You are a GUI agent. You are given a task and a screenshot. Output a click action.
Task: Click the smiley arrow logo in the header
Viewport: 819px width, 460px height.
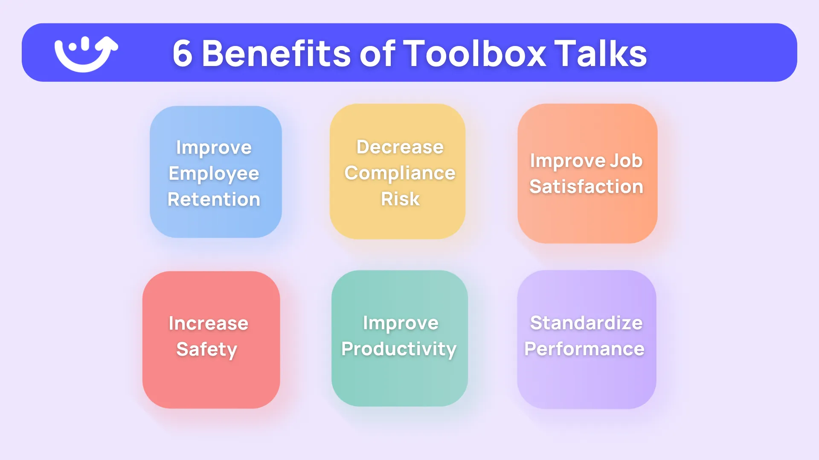pos(85,54)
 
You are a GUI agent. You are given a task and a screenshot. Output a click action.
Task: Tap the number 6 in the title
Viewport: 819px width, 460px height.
pos(182,54)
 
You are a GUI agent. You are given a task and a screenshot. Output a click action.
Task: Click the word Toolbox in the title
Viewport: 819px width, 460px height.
pos(474,54)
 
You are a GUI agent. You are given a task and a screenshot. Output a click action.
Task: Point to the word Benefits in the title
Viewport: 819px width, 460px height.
pos(276,54)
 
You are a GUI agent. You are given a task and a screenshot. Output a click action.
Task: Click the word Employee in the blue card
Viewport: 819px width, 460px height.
pos(214,174)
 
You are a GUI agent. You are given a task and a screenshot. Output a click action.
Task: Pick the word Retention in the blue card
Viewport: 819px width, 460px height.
pos(214,199)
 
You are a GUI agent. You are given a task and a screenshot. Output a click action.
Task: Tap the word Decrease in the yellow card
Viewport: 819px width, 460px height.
pos(400,147)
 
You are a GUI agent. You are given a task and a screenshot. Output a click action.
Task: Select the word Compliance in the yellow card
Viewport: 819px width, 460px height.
pos(400,173)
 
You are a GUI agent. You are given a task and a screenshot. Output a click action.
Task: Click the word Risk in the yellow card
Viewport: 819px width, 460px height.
pos(400,199)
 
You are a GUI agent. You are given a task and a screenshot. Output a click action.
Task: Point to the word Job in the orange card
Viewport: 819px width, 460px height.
pos(626,161)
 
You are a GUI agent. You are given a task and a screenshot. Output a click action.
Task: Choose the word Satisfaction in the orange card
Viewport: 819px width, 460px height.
pos(586,187)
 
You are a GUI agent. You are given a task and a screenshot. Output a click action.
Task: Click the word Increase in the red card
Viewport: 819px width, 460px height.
pos(208,323)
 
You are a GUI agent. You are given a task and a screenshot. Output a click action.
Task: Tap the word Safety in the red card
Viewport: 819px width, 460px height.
pos(206,350)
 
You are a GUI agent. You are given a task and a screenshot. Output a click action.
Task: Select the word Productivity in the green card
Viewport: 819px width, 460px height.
pos(399,349)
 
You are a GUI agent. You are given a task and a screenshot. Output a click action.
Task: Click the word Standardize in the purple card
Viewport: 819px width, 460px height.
pos(586,323)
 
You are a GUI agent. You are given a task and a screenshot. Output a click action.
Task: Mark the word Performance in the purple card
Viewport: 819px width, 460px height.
pos(584,349)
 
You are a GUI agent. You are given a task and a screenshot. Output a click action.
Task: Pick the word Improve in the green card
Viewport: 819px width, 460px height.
pos(401,323)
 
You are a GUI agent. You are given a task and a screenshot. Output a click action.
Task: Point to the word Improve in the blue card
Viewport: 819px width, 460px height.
pos(214,148)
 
